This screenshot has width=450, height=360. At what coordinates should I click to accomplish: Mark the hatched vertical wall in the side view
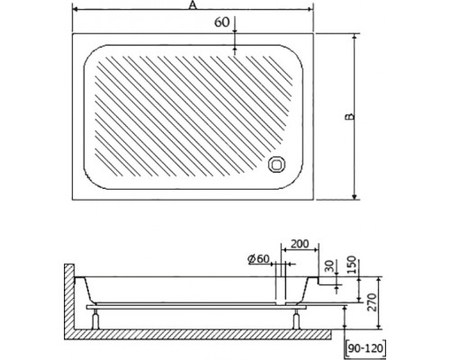[x=69, y=297]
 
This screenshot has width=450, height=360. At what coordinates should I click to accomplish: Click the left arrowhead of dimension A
[x=75, y=12]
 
